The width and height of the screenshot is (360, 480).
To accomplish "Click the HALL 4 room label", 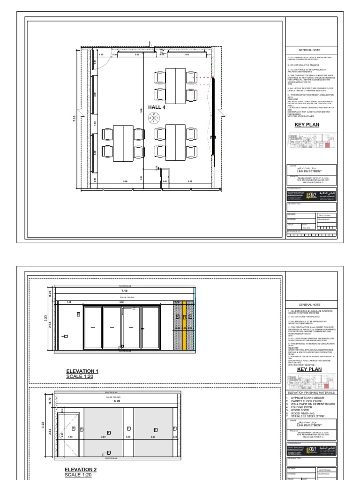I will pos(157,107).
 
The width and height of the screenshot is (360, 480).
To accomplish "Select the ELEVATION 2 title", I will pos(81,469).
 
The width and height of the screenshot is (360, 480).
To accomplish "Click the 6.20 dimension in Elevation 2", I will pos(117,401).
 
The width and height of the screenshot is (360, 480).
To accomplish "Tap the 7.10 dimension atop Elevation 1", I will pos(124,291).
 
